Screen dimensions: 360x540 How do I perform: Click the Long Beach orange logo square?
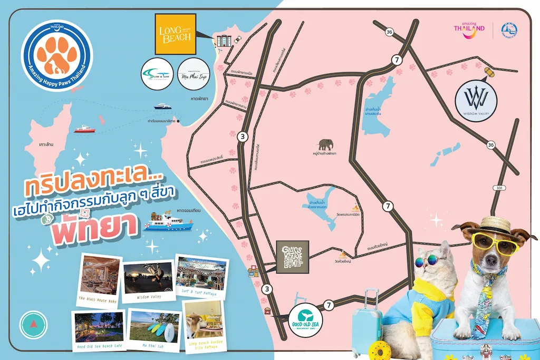[175, 34]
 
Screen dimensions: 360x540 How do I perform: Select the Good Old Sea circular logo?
[306, 317]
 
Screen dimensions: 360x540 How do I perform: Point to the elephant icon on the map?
[326, 144]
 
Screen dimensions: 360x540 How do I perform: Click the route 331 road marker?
[499, 188]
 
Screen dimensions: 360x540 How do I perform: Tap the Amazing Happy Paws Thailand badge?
[56, 56]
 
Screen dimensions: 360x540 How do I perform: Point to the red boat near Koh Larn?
[84, 129]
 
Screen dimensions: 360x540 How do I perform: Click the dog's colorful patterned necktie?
[483, 303]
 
